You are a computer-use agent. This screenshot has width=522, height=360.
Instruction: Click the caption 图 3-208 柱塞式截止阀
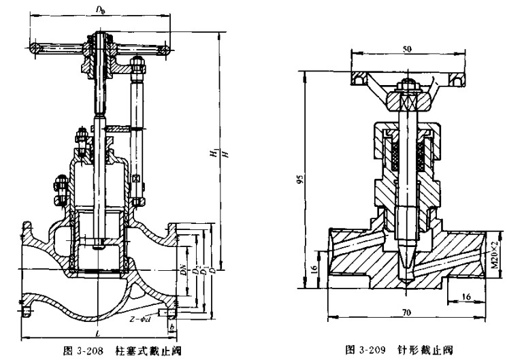tap(112, 350)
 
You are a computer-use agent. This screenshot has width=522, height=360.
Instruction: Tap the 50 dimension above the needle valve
tap(407, 50)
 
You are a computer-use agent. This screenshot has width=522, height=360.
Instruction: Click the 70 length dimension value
tap(407, 313)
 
